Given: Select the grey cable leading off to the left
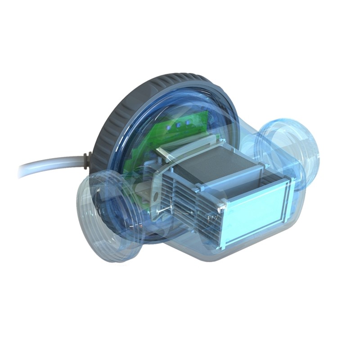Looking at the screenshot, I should pyautogui.click(x=49, y=168).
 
